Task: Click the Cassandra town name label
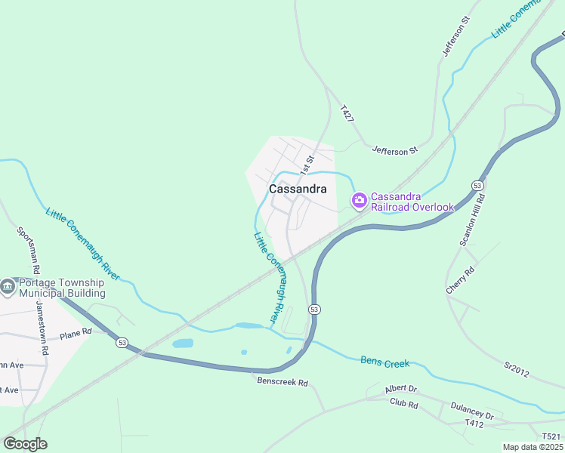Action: point(298,190)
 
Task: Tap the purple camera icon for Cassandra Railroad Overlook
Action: point(360,200)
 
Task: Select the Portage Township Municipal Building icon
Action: point(8,287)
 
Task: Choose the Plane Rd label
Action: point(75,331)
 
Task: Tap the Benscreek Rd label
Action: point(282,383)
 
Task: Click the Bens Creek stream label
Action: point(384,362)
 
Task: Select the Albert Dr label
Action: point(400,389)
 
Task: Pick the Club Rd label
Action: point(403,405)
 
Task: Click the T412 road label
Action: point(474,424)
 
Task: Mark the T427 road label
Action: point(347,113)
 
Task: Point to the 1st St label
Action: point(306,160)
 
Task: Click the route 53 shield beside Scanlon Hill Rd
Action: point(477,185)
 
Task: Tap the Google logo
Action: point(25,444)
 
